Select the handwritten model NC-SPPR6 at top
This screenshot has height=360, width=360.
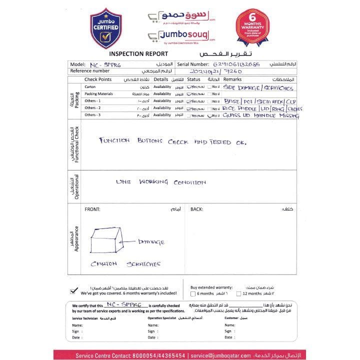coord(106,64)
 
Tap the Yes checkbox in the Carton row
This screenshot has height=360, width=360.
coord(189,87)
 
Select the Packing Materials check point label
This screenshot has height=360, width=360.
coord(98,94)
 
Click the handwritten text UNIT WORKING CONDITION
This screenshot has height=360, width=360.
coord(160,182)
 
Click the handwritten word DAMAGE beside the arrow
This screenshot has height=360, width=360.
coord(151,242)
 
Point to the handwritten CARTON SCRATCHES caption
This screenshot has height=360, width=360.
coord(126,263)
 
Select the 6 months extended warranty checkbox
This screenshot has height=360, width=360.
coord(193,294)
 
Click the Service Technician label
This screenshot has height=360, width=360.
coord(84,318)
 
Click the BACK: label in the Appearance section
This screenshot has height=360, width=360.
coord(196,209)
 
